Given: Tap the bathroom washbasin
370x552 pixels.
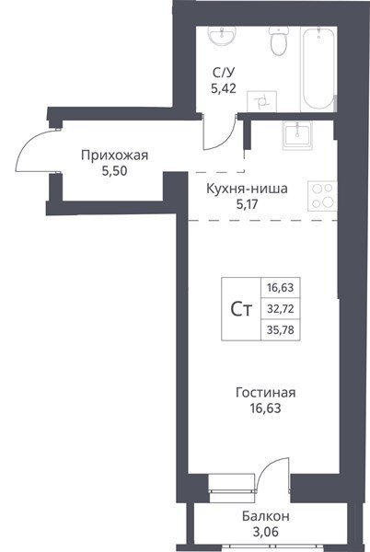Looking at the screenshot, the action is click(222, 35).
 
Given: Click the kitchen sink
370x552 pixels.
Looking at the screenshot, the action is click(297, 136).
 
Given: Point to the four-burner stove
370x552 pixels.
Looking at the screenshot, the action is click(322, 196).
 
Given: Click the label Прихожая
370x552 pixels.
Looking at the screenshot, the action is click(115, 155).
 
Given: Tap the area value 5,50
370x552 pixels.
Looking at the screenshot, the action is click(114, 171).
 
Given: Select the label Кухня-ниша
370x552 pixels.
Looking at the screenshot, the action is click(247, 189).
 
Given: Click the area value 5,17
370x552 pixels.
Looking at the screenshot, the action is click(248, 204).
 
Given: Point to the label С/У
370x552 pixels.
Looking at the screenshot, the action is click(224, 73).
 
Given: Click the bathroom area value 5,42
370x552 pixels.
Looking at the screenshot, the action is click(224, 88).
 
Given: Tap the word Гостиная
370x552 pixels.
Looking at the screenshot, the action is click(266, 393).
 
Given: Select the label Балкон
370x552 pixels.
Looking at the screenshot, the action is click(266, 516).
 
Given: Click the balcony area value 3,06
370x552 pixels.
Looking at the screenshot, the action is click(265, 532).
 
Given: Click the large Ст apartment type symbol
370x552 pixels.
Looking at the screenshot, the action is click(241, 309).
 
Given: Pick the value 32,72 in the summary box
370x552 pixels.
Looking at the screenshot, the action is click(280, 309).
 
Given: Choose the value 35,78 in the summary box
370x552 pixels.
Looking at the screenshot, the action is click(280, 330).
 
